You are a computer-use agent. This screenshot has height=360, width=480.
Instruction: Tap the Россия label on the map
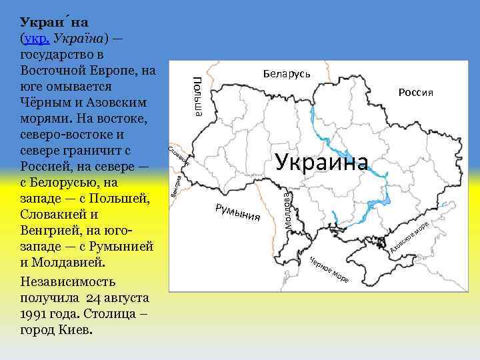(416, 92)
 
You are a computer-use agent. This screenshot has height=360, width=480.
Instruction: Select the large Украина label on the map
(321, 161)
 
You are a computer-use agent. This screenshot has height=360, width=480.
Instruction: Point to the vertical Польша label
(197, 96)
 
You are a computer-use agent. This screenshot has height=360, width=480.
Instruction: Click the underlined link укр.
(35, 38)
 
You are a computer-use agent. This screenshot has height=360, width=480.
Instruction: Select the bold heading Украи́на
(50, 22)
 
